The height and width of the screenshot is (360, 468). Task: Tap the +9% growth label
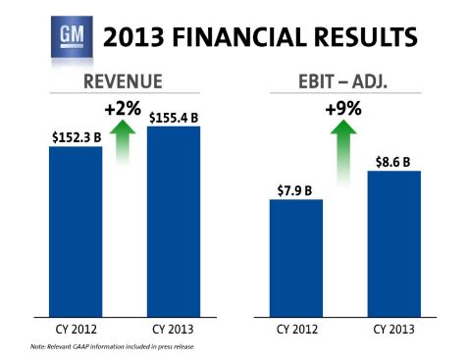[x=344, y=109]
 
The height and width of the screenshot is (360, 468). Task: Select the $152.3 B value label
[x=77, y=136]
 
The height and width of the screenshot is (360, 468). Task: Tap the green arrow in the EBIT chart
[x=344, y=152]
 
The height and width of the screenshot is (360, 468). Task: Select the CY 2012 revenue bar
[x=77, y=231]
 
